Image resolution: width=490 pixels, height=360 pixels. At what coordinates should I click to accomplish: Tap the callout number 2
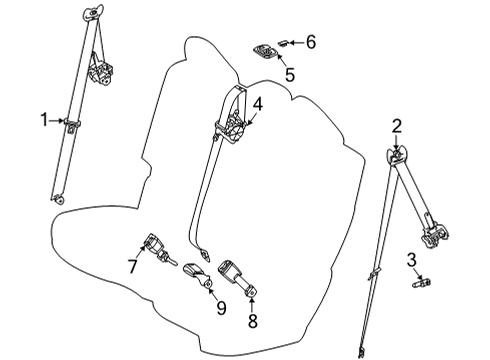point(397,125)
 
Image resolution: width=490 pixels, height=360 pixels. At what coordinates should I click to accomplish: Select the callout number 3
point(410,262)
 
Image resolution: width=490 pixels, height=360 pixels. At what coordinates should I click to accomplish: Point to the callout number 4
point(257,103)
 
